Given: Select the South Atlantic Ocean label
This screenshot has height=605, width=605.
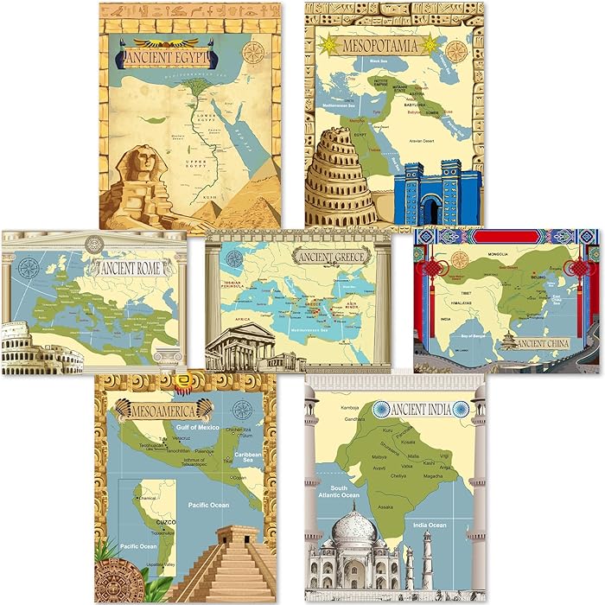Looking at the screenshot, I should (337, 491).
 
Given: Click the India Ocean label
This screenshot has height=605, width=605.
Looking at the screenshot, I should (431, 525).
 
